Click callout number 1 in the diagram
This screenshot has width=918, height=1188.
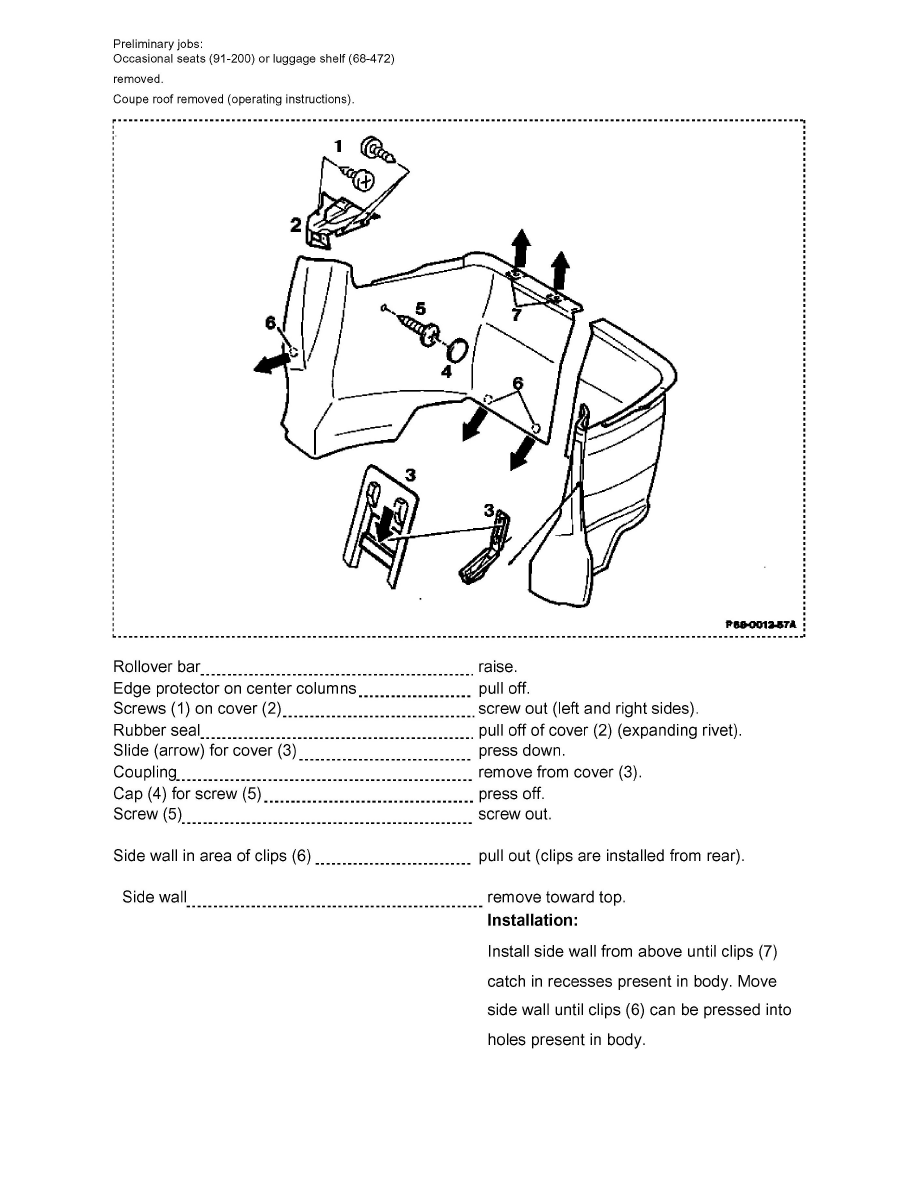[x=338, y=145]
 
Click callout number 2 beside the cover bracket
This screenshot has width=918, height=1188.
[x=296, y=225]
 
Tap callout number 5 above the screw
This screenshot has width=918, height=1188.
[x=420, y=308]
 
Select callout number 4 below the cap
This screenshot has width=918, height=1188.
[x=446, y=370]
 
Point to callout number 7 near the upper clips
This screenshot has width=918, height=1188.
[x=516, y=313]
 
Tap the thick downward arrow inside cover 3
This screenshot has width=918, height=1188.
[x=384, y=524]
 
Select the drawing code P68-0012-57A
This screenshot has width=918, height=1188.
[x=760, y=624]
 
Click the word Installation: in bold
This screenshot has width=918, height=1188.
[x=532, y=920]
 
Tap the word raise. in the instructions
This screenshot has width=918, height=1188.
[x=498, y=666]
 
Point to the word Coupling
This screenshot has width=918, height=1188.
[x=145, y=772]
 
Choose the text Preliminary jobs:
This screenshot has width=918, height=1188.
[x=157, y=44]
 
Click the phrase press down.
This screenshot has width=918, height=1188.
[x=522, y=751]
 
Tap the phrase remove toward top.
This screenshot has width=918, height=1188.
[x=556, y=897]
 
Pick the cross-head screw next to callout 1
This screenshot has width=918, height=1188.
[x=363, y=181]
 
